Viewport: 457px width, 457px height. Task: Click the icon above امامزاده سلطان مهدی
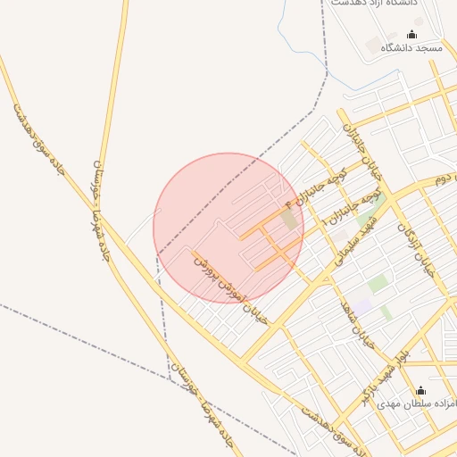click(421, 391)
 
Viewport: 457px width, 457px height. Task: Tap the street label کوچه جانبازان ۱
click(360, 208)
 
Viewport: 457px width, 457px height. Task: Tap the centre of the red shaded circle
click(228, 228)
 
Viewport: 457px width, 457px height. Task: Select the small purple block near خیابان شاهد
click(361, 305)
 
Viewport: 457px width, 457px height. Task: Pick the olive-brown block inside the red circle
click(288, 219)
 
